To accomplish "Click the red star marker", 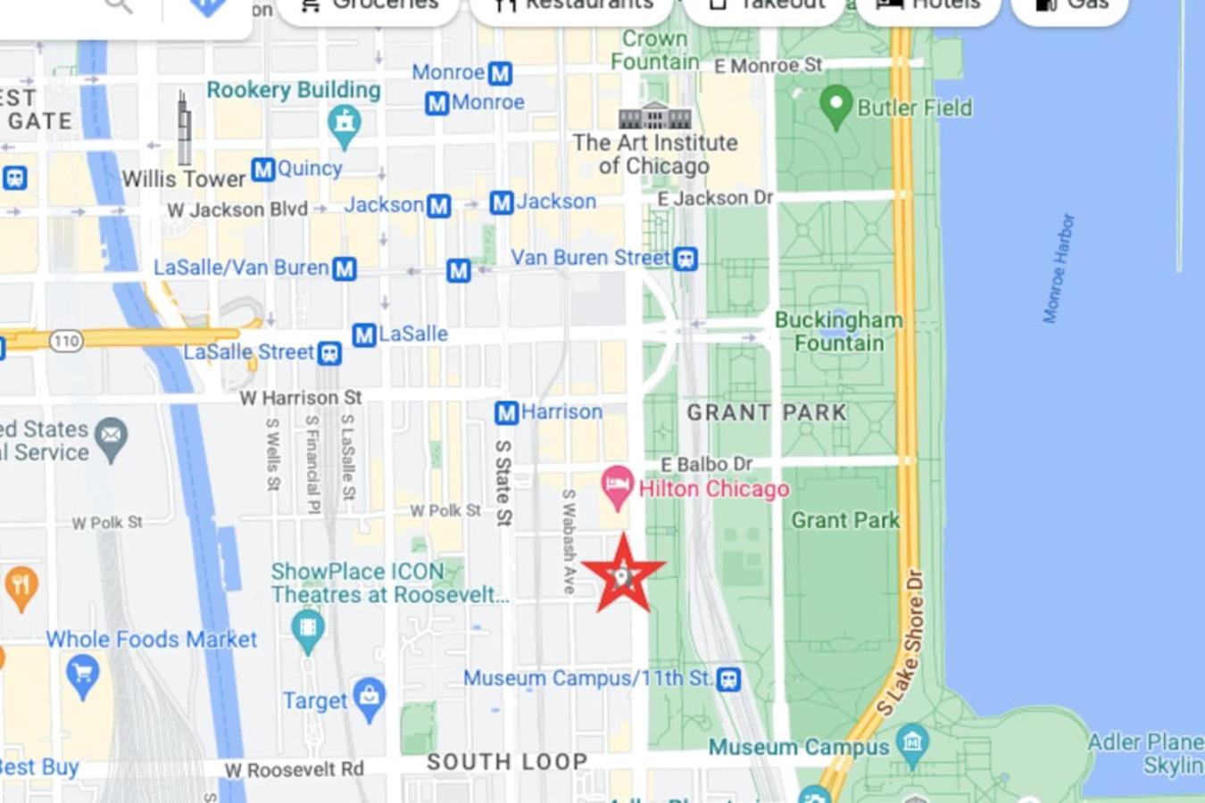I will click(x=623, y=575).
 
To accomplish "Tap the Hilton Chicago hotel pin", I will click(x=616, y=484).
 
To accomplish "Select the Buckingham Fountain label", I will click(x=838, y=331).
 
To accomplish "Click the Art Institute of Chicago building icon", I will click(x=655, y=116).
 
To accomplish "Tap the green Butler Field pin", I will click(x=835, y=105).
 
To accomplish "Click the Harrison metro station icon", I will click(x=506, y=412).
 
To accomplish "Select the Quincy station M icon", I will click(x=262, y=169).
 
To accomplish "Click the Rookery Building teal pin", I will click(x=344, y=124).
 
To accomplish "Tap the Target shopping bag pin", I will click(x=369, y=698).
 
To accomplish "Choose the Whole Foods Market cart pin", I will click(x=83, y=675).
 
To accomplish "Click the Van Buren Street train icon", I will click(x=686, y=259).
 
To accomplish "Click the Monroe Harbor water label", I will click(x=1059, y=268).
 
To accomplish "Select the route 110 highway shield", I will click(x=66, y=340).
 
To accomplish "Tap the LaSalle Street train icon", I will click(x=329, y=353).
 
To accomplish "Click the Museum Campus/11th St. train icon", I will click(x=728, y=679).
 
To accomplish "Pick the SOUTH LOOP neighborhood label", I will click(x=507, y=762).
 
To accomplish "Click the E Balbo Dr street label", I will click(x=706, y=464).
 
